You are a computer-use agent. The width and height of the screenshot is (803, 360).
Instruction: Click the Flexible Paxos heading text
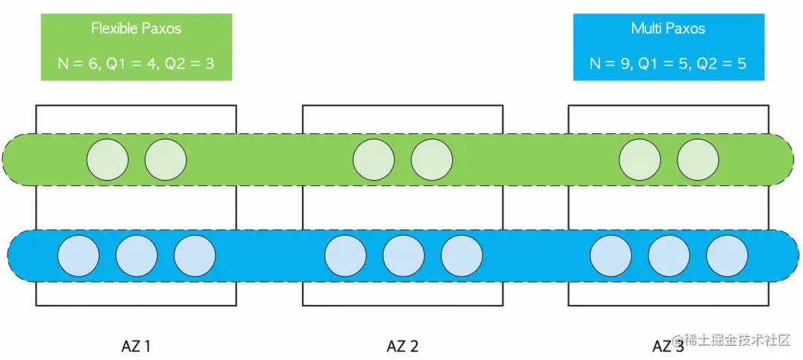pos(136,29)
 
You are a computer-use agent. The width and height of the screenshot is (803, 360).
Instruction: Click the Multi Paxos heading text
pos(668,29)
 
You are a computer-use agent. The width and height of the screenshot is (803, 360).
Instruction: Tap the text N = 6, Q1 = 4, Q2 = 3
pos(136,63)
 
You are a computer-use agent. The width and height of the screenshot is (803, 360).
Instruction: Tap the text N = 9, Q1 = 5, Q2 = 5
pos(668,63)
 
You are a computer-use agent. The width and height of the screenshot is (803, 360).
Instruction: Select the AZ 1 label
pos(136,346)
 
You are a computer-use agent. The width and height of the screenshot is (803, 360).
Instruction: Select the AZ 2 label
pos(402,346)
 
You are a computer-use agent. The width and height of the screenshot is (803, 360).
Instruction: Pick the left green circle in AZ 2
pos(373,159)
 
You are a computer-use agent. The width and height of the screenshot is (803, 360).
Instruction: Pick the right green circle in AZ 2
pos(431,159)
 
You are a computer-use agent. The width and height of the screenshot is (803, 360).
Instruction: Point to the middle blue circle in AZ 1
pos(136,255)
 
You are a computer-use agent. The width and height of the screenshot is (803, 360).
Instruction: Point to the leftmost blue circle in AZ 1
pos(78,255)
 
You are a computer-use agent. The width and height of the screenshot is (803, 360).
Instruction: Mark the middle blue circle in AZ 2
pos(403,255)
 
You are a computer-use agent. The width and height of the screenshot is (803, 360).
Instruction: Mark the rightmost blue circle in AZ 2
pos(461,255)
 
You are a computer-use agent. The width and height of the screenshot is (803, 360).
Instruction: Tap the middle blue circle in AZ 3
pos(668,255)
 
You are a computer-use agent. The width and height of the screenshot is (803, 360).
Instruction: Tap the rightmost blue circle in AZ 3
pos(726,255)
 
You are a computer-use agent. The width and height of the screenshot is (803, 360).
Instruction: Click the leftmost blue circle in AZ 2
pos(345,255)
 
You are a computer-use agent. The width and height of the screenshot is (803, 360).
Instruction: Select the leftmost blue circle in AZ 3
pos(610,255)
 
